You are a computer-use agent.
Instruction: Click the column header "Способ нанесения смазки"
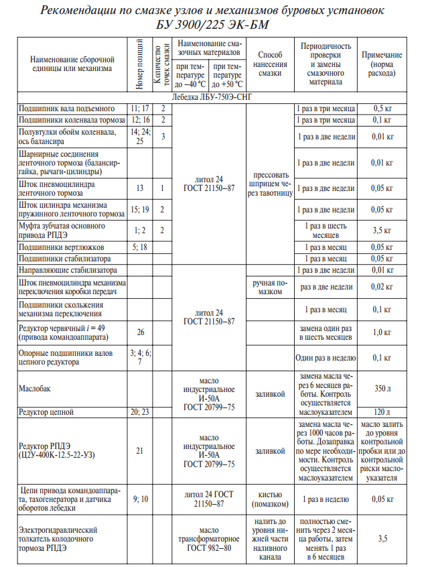269,65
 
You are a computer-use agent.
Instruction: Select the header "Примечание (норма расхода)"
381,65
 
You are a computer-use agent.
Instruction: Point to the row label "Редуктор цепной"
45,411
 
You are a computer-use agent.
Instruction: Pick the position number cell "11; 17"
140,109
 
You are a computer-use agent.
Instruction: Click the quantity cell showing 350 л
382,388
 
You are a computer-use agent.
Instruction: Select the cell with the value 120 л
382,411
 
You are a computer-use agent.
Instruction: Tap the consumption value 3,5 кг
382,231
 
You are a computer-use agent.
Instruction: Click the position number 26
140,332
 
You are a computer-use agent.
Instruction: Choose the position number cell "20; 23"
140,411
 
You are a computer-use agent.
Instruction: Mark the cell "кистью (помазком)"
269,499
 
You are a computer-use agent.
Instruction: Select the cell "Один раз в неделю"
325,357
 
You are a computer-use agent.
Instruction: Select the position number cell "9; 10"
140,499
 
